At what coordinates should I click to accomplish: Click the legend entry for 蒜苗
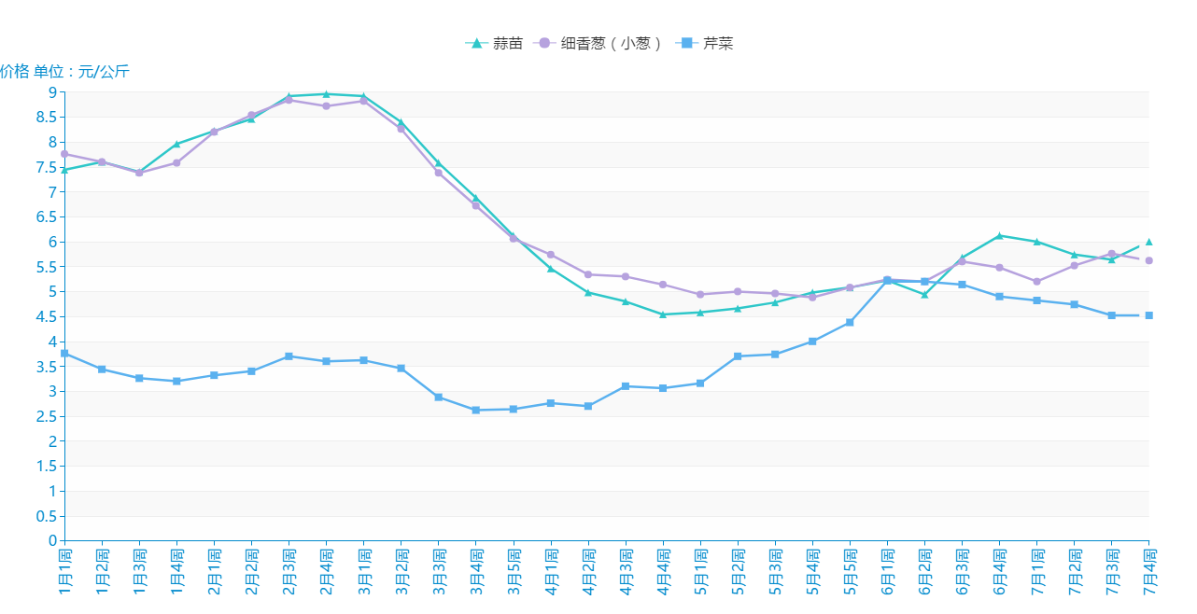(x=494, y=43)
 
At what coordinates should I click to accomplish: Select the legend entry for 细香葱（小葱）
(x=598, y=43)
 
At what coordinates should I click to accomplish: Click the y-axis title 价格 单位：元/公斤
(x=64, y=72)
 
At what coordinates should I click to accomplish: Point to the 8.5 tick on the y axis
(x=45, y=117)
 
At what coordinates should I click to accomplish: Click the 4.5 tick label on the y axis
(x=45, y=316)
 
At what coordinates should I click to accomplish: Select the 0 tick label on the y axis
(x=52, y=541)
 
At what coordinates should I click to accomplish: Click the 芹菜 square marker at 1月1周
(x=64, y=354)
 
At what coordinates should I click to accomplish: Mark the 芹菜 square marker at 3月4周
(x=475, y=410)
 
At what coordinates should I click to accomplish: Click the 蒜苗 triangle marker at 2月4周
(x=326, y=94)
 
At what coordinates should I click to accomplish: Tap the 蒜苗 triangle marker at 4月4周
(x=663, y=314)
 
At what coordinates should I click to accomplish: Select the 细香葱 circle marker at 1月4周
(x=176, y=162)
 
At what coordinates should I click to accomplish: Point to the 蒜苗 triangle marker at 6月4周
(x=999, y=235)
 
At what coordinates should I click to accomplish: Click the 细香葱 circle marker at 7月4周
(x=1149, y=260)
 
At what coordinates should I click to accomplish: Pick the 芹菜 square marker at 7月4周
(x=1149, y=315)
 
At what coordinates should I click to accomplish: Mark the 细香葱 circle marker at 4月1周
(x=551, y=255)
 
